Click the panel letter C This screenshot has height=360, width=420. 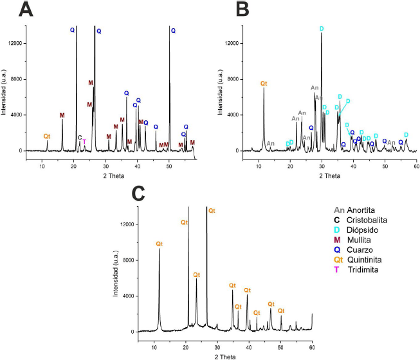pos(138,193)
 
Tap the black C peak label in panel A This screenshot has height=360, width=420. pos(80,138)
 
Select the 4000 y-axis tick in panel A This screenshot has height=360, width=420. pos(15,115)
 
